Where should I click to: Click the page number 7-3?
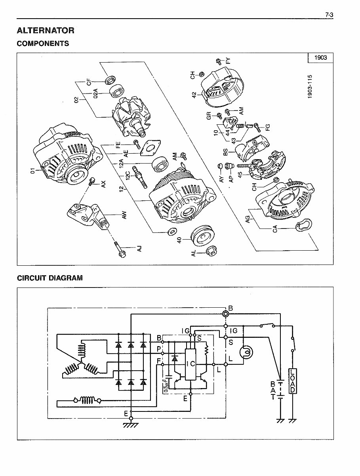coord(329,15)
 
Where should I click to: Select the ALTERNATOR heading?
coord(45,30)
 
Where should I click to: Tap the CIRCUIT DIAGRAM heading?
coord(50,278)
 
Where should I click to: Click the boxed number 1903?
coord(320,58)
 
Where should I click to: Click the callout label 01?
coord(33,170)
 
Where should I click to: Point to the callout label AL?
coord(194,253)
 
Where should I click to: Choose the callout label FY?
coord(228,61)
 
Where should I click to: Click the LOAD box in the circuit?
coord(292,381)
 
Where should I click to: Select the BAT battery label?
coord(273,390)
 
